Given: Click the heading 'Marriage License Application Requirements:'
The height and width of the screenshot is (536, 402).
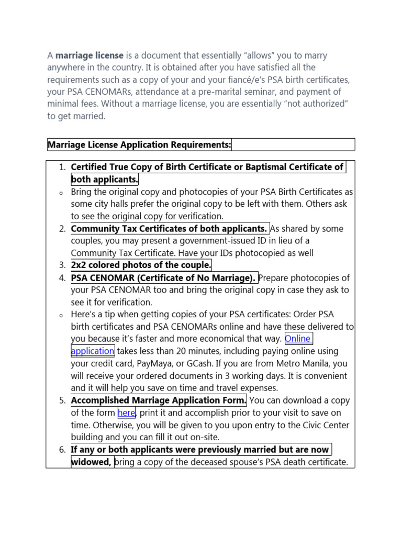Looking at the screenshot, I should point(139,144).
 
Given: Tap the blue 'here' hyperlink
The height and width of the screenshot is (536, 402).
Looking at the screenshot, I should point(127,413).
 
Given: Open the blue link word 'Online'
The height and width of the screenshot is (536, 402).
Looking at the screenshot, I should point(298,339).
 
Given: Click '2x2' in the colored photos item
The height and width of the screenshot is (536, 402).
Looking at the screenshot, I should point(80,265).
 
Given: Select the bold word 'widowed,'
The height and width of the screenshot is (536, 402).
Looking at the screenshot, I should point(91,462).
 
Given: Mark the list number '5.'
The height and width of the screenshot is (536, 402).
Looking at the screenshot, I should point(62,400).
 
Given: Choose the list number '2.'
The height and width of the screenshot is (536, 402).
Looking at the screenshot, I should point(62,229).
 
